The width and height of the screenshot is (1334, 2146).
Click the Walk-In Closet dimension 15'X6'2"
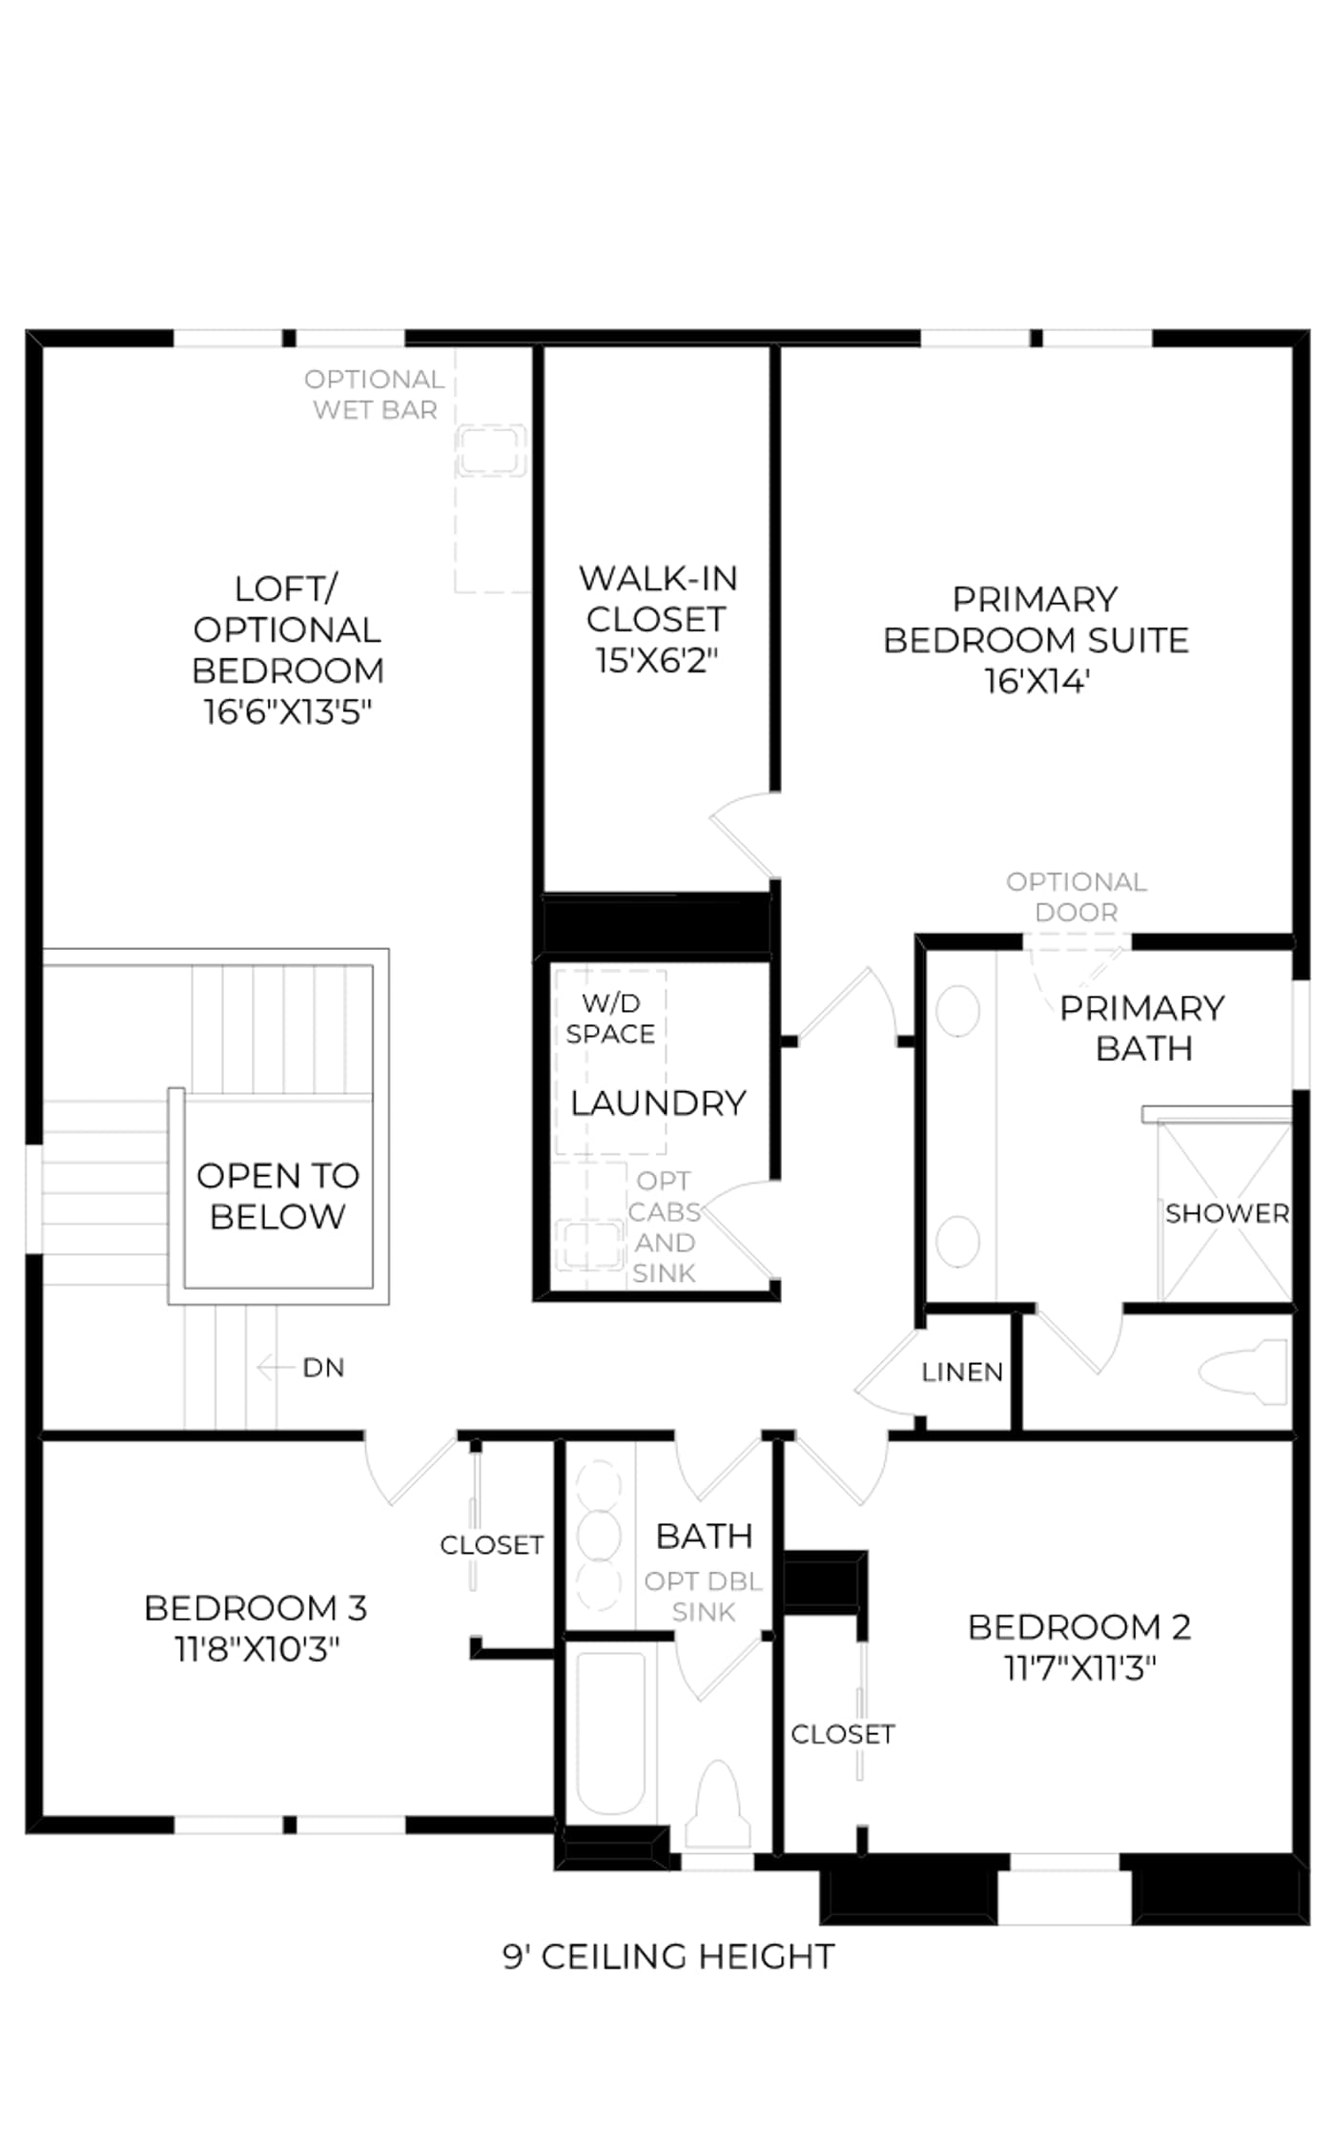656,660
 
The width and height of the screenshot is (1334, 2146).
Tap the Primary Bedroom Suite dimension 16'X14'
1036,681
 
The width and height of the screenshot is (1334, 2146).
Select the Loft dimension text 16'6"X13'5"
287,712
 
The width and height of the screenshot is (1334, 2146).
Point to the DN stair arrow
274,1368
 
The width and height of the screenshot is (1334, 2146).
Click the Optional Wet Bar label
375,394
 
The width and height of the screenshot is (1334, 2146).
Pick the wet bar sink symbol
490,450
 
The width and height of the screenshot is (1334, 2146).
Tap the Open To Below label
277,1196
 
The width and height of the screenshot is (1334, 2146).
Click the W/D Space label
610,1018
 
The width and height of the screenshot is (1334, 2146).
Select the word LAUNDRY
658,1103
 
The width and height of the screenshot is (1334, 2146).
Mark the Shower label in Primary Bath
1227,1213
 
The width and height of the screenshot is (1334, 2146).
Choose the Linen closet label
962,1372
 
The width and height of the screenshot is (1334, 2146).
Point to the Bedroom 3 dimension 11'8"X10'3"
257,1648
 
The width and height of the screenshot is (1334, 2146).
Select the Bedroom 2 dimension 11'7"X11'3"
1079,1667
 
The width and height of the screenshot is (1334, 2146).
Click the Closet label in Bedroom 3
491,1544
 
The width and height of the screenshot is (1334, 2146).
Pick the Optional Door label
1077,897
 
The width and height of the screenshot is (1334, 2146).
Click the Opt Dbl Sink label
704,1597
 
